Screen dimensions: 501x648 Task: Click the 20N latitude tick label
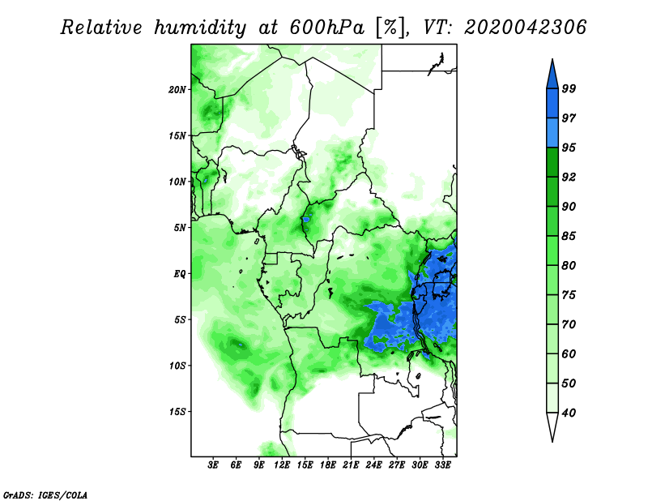(x=177, y=89)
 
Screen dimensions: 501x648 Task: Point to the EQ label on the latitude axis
(x=180, y=273)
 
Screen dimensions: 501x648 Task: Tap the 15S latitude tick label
(x=177, y=411)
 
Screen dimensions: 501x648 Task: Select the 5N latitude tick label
(x=180, y=227)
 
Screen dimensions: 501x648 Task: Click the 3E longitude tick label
(x=214, y=466)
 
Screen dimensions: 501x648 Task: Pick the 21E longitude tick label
(x=352, y=466)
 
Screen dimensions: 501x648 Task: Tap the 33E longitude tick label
(x=443, y=466)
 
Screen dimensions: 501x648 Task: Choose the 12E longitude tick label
(x=283, y=466)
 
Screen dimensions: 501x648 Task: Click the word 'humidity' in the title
(x=198, y=28)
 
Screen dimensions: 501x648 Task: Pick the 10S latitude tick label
(x=177, y=366)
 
